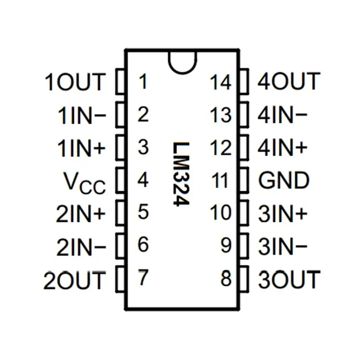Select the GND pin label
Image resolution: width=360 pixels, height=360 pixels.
pos(284,180)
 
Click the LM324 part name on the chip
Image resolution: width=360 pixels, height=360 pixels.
pos(181,174)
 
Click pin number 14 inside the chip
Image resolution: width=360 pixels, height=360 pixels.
pos(220,83)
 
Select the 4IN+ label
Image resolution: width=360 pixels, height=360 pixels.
pos(283,148)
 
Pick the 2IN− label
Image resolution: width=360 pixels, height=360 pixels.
pos(81,247)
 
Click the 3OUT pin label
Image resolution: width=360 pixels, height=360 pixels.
pos(289,279)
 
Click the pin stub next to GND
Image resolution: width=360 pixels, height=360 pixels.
pos(243,180)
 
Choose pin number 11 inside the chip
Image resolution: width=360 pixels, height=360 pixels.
pos(220,181)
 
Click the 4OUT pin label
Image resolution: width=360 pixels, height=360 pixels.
pos(288,82)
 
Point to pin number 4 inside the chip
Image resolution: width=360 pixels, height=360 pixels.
pos(143,180)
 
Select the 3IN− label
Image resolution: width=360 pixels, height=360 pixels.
pos(283,247)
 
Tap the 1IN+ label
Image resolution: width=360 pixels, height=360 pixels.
pos(81,148)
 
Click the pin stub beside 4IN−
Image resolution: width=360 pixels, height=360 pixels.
pos(243,115)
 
